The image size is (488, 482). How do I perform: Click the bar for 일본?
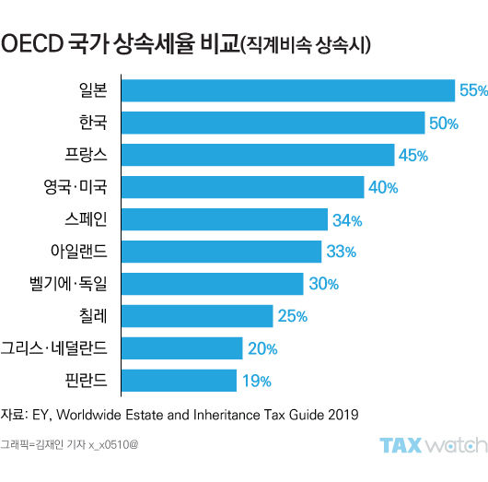(288, 90)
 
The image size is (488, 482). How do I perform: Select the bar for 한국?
(273, 123)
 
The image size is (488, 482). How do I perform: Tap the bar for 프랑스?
(258, 155)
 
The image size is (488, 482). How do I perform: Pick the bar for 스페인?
(225, 219)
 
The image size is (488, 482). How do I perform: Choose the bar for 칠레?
(197, 315)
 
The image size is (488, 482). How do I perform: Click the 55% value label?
(472, 90)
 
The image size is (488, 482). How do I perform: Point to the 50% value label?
(443, 123)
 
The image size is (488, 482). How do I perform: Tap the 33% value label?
(341, 252)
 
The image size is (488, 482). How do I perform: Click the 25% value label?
(292, 316)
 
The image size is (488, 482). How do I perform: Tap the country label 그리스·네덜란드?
(54, 347)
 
